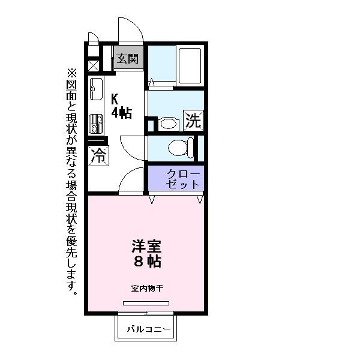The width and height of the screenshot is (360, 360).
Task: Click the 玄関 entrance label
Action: [128, 59]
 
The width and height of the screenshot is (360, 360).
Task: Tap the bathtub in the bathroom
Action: [190, 65]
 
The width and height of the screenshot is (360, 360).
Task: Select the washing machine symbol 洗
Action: [193, 121]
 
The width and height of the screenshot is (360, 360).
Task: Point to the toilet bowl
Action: [178, 147]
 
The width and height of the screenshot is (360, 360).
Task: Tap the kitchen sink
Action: [96, 91]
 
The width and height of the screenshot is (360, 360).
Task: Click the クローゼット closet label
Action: [178, 178]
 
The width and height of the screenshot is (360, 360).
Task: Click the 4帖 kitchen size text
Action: [121, 112]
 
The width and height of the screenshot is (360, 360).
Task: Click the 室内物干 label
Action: [146, 288]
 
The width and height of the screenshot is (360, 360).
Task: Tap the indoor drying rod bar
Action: [146, 303]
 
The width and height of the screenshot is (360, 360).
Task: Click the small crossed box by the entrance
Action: [94, 66]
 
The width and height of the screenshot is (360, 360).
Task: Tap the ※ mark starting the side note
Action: [72, 73]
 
